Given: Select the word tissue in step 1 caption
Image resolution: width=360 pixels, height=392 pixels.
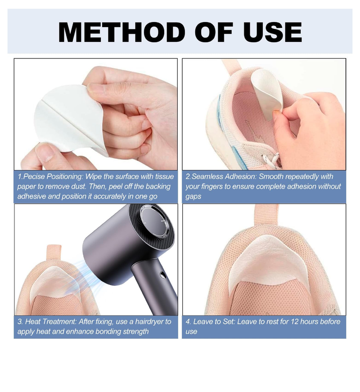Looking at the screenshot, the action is point(164,176).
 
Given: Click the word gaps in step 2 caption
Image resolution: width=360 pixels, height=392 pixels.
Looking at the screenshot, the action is point(193,197).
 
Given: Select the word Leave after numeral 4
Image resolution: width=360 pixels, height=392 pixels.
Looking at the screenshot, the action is point(202,321).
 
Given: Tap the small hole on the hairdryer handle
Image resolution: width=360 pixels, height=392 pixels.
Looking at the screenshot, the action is point(163,275).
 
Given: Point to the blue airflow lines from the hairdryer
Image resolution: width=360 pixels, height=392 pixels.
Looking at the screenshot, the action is point(81,278).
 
